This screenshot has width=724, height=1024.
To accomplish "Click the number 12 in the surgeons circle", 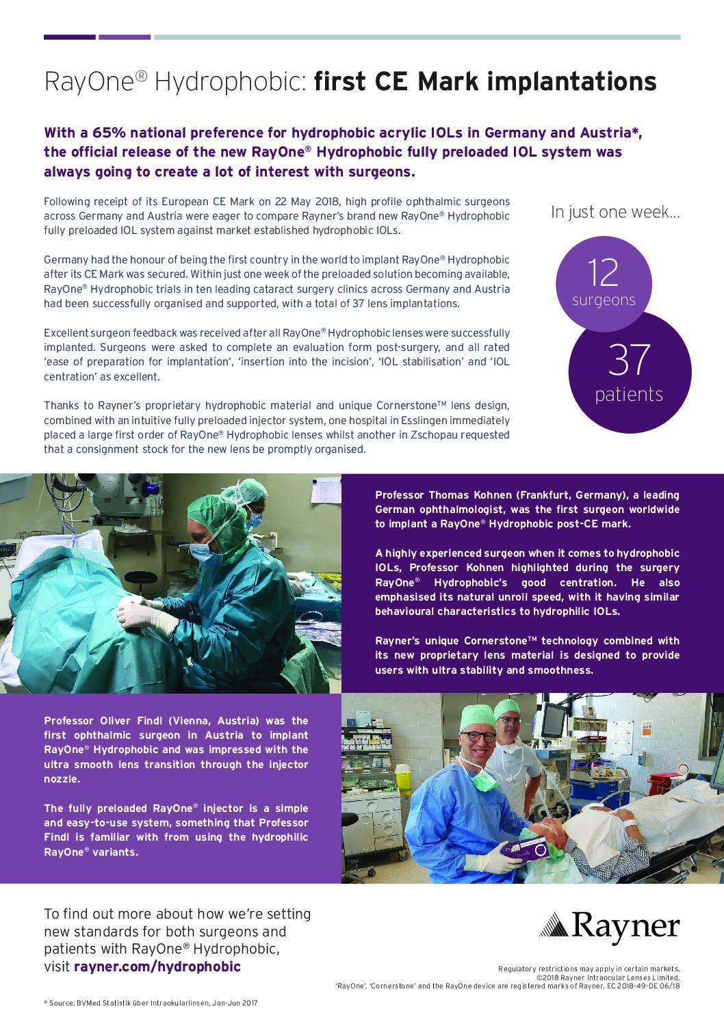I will coord(603,272).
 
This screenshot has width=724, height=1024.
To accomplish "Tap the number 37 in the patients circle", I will coord(628,360).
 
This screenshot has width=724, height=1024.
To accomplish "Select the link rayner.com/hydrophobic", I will coord(157,967).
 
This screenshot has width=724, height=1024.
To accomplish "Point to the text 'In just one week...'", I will coord(615,212).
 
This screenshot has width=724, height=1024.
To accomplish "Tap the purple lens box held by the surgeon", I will coord(525,850).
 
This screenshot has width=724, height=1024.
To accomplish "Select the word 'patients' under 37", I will coord(629,395).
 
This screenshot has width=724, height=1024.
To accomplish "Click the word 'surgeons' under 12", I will coord(604,300).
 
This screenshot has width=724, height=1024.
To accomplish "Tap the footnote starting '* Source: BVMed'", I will coord(151,1003).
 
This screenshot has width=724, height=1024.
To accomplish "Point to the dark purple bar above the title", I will coord(70,37).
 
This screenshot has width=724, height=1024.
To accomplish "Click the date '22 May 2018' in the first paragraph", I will coord(308,202).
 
